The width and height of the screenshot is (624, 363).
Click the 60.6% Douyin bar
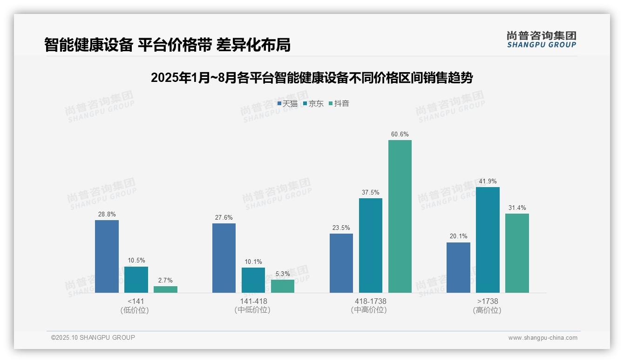point(400,216)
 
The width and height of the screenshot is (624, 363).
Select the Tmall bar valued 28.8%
point(107,256)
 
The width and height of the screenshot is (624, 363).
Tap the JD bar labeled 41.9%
point(488,240)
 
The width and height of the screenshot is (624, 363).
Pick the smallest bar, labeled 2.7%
point(165,289)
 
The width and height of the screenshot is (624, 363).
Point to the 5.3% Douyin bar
point(283,286)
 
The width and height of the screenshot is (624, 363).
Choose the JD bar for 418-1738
point(371,245)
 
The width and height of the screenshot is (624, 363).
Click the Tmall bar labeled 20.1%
point(458,268)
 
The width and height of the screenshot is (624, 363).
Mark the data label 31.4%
point(517,208)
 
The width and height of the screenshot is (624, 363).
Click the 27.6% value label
point(224,217)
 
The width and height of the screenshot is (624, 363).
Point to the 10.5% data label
point(136,260)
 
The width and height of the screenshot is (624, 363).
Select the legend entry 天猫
point(287,104)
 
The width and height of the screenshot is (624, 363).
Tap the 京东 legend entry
point(313,104)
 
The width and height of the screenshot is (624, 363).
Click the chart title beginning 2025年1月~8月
point(312,78)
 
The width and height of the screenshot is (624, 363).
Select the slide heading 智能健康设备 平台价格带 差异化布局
point(167,45)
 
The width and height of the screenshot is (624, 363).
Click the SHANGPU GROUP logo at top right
point(541,39)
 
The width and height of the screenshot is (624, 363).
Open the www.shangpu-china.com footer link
point(543,338)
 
